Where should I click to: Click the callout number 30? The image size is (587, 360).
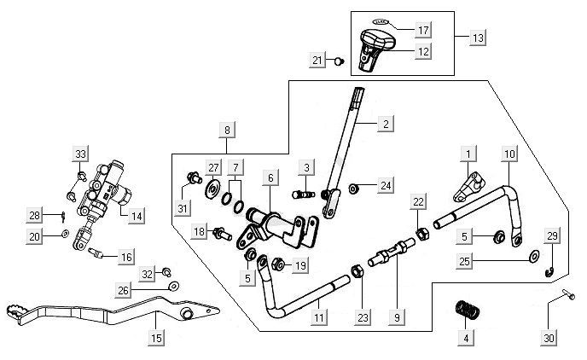(x=549, y=339)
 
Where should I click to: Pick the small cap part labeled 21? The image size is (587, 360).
(x=337, y=61)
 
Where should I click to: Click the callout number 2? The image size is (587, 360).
(x=386, y=125)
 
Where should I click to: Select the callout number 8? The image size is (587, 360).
(x=226, y=130)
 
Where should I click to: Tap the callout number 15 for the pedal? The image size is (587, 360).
(x=156, y=339)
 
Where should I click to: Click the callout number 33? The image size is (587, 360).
(x=81, y=154)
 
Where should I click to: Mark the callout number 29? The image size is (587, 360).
(x=552, y=235)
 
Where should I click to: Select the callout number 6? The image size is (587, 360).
(x=270, y=177)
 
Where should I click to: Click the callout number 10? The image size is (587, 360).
(x=509, y=154)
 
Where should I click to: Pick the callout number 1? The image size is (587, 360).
(x=467, y=154)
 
